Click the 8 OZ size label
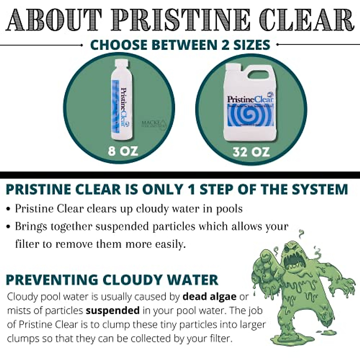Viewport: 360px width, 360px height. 123,150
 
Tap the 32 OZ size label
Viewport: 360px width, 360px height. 251,152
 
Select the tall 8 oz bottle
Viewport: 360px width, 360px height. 121,102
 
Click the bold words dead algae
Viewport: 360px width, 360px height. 209,296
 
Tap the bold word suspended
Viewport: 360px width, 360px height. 112,310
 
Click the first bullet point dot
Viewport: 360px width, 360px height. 9,209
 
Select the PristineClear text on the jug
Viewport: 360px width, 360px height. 250,99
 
